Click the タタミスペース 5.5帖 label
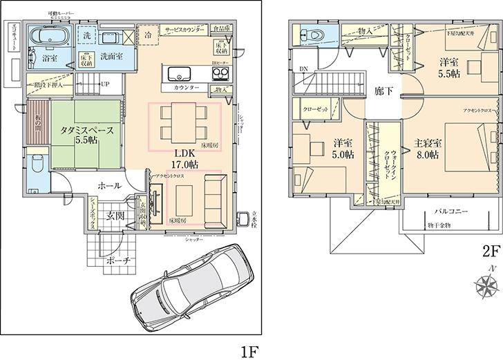(x=82, y=133)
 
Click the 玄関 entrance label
(x=115, y=216)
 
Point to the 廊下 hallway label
(x=384, y=91)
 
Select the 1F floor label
(x=248, y=350)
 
